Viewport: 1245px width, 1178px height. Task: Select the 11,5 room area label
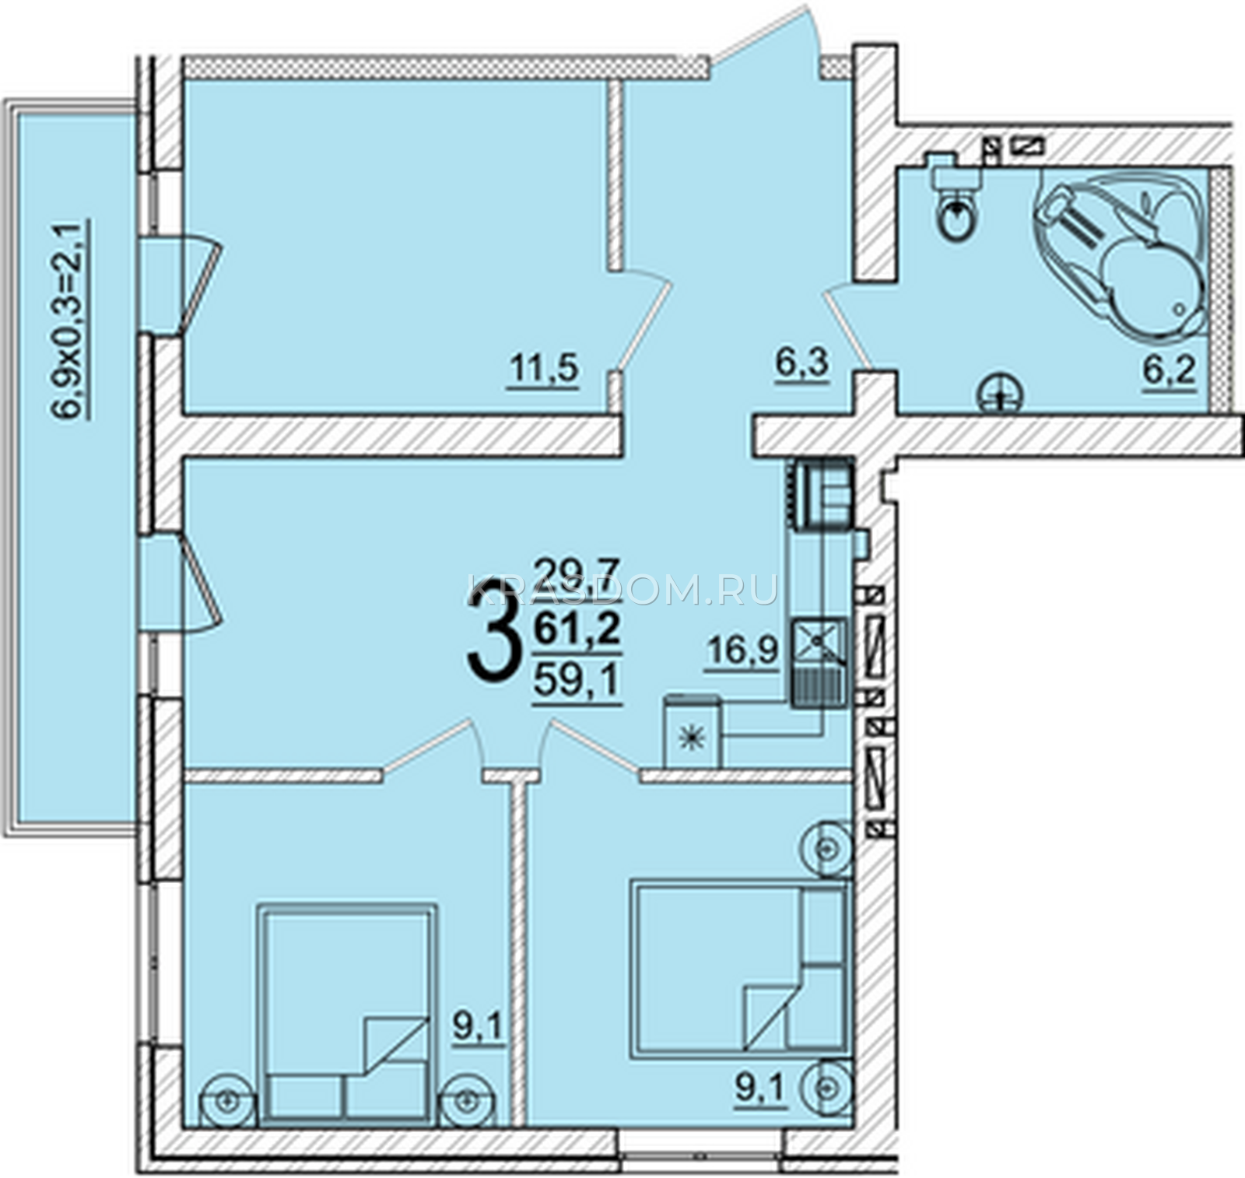(x=544, y=369)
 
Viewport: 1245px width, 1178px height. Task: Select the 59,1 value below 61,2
(x=577, y=682)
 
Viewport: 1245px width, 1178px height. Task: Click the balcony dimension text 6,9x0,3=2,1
(x=68, y=319)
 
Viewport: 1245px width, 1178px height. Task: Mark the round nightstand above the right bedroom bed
(x=826, y=845)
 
